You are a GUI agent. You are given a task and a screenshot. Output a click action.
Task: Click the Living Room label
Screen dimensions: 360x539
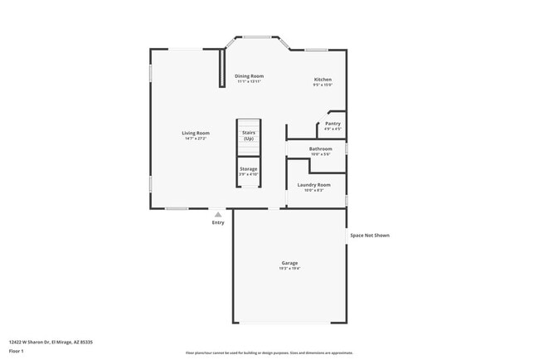pyautogui.click(x=196, y=133)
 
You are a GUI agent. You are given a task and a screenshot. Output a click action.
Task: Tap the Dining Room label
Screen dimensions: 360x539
pyautogui.click(x=249, y=76)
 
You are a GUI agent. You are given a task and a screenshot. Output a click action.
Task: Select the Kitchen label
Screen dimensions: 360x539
pyautogui.click(x=323, y=80)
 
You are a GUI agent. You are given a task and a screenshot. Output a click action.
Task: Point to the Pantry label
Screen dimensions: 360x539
pyautogui.click(x=333, y=124)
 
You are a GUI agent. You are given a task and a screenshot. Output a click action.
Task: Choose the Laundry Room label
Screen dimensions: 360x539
pyautogui.click(x=313, y=185)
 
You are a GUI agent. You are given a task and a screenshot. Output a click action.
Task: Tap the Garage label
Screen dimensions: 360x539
pyautogui.click(x=289, y=263)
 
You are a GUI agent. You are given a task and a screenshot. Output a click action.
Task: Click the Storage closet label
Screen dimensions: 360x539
pyautogui.click(x=249, y=169)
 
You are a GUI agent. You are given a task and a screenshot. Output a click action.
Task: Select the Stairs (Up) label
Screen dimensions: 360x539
pyautogui.click(x=249, y=135)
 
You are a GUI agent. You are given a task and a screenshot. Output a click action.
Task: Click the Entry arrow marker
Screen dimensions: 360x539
pyautogui.click(x=218, y=214)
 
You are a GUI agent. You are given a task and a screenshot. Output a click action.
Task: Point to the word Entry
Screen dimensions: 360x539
pyautogui.click(x=218, y=222)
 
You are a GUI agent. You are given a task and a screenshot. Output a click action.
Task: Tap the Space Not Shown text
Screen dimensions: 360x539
pyautogui.click(x=369, y=235)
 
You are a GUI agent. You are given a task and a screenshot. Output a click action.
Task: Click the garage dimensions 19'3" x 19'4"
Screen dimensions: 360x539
pyautogui.click(x=289, y=269)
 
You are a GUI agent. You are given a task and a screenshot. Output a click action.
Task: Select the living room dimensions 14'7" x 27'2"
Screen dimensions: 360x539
pyautogui.click(x=196, y=139)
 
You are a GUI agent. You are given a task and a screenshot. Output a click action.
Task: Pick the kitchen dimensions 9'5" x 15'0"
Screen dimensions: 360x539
pyautogui.click(x=323, y=85)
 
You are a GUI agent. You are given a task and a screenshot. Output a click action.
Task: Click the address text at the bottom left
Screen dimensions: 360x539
pyautogui.click(x=51, y=341)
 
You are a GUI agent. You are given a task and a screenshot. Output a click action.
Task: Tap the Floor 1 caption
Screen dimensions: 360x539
pyautogui.click(x=17, y=351)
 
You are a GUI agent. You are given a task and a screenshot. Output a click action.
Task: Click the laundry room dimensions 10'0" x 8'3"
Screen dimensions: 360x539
pyautogui.click(x=313, y=190)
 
